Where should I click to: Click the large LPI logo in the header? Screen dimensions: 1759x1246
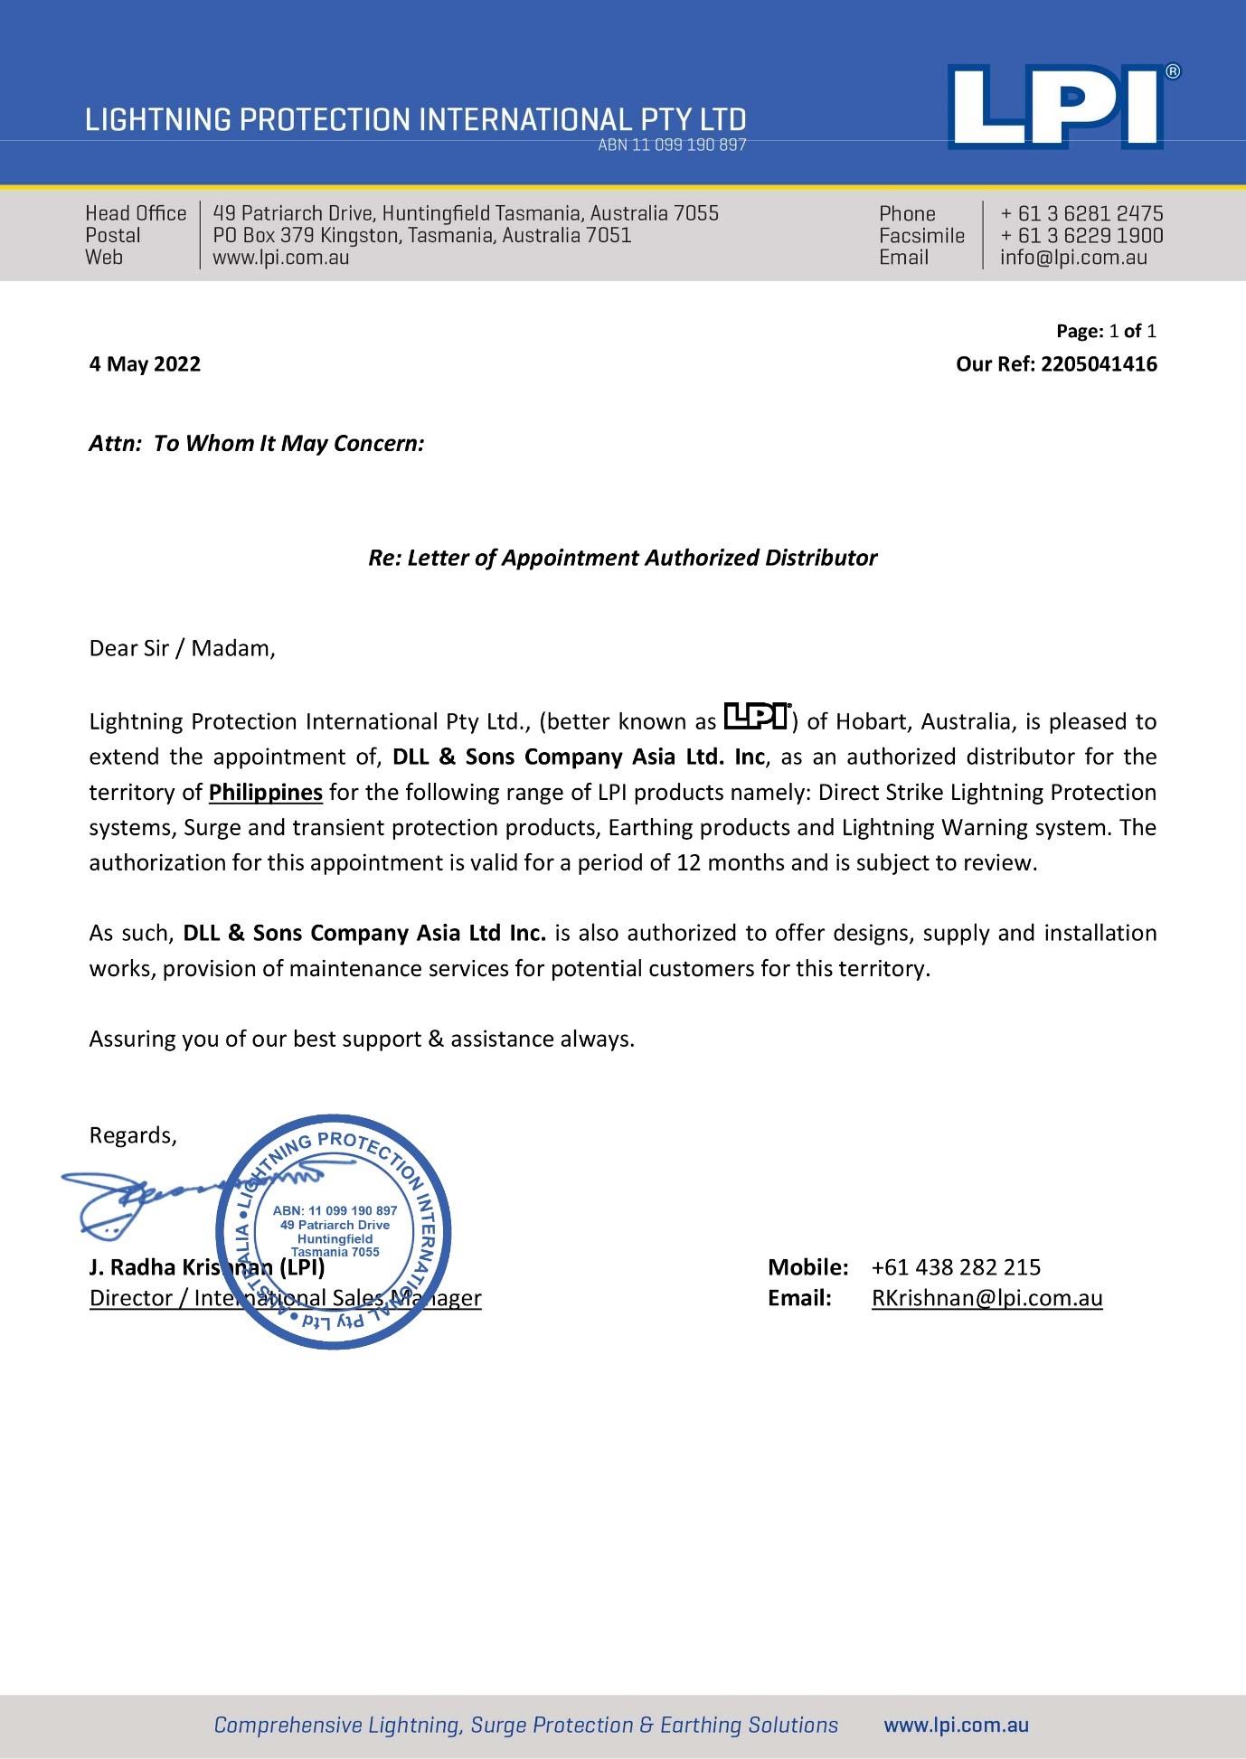(x=1055, y=107)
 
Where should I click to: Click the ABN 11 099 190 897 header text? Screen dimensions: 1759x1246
(x=672, y=146)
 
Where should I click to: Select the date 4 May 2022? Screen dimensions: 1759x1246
(x=145, y=364)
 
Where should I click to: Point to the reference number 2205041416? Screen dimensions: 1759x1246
(x=1099, y=364)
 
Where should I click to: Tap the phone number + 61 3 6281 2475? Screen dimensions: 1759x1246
(x=1081, y=213)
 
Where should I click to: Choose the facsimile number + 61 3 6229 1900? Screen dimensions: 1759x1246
(x=1081, y=236)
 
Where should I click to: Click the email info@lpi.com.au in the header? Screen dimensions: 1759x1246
(x=1072, y=258)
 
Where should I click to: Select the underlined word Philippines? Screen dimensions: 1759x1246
(x=265, y=793)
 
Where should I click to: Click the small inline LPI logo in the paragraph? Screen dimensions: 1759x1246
(x=758, y=716)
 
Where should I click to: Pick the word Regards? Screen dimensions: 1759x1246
(x=132, y=1135)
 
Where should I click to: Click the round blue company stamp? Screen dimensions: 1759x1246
(x=334, y=1232)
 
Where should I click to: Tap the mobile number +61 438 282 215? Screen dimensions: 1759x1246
(x=956, y=1267)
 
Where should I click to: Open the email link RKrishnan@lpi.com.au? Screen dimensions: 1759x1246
(x=986, y=1298)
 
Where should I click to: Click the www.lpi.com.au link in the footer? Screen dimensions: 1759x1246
(x=956, y=1725)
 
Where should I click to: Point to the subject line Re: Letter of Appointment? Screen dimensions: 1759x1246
(x=622, y=558)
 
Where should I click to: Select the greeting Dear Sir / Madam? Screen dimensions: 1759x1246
(x=182, y=648)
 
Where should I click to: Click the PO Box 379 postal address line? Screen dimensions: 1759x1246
(x=421, y=236)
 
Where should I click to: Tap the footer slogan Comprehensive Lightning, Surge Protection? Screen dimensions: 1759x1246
(x=525, y=1725)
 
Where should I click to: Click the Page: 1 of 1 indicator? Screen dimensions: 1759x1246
(x=1106, y=331)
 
